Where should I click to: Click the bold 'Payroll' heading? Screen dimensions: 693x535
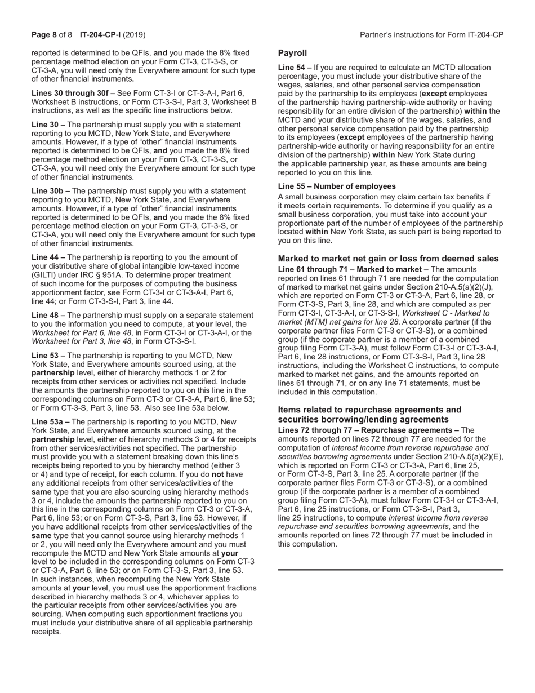[x=292, y=53]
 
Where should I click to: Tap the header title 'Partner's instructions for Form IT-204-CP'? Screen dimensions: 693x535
[x=431, y=35]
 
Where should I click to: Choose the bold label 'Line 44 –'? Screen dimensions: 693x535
[x=48, y=257]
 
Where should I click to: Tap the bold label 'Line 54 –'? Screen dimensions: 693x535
[x=295, y=68]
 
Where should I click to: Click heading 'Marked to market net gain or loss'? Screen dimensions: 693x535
[x=388, y=259]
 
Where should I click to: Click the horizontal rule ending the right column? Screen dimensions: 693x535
[x=390, y=570]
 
